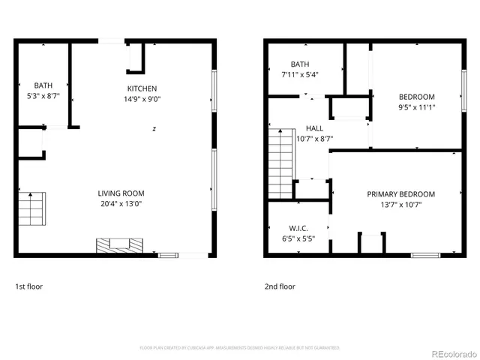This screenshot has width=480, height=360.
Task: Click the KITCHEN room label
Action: [x=142, y=88]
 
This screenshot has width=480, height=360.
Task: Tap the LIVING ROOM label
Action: [x=121, y=192]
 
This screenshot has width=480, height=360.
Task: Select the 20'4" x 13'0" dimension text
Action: [x=121, y=202]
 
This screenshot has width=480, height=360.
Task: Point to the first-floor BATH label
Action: [x=43, y=85]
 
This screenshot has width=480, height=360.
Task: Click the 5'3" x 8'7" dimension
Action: [x=43, y=96]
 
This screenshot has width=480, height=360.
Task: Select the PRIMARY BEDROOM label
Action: [x=400, y=194]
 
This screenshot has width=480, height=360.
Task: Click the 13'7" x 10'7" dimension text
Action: [x=400, y=205]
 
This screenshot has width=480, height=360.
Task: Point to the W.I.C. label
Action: [x=288, y=228]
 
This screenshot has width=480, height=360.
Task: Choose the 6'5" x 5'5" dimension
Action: [x=288, y=238]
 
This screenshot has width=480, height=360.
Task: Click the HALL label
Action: [x=314, y=128]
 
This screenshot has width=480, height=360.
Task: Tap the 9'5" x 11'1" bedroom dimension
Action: [x=416, y=107]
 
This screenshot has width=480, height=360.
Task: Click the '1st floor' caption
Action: [x=29, y=286]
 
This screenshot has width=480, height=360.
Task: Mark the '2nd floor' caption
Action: [x=280, y=286]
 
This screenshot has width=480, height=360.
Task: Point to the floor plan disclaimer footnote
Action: [x=240, y=348]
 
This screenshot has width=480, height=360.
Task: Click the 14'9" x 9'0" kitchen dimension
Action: [x=142, y=99]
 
